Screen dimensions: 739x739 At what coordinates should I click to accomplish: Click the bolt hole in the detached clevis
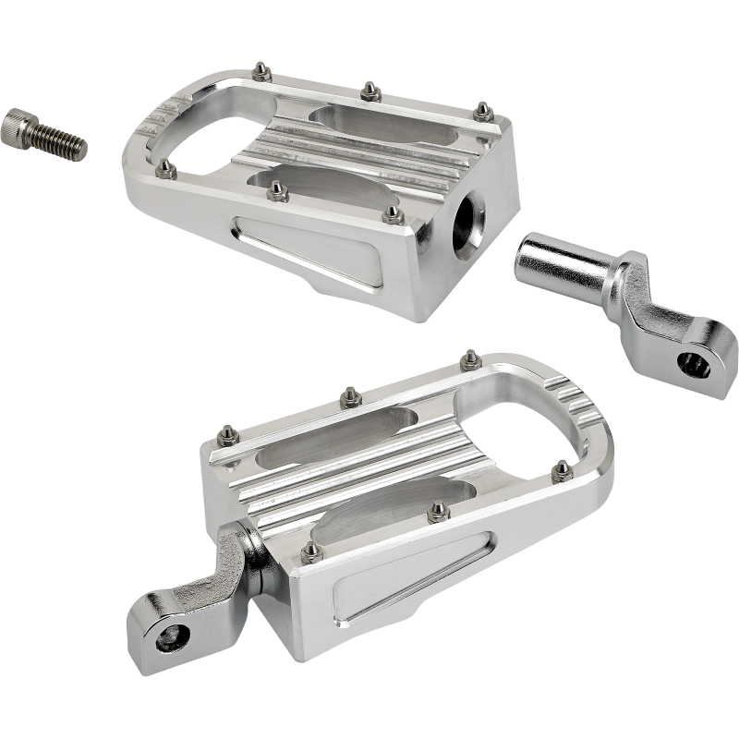[x=690, y=362]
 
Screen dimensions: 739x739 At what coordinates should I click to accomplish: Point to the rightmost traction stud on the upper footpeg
[x=481, y=112]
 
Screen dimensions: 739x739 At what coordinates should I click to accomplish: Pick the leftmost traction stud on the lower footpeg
[x=225, y=431]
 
